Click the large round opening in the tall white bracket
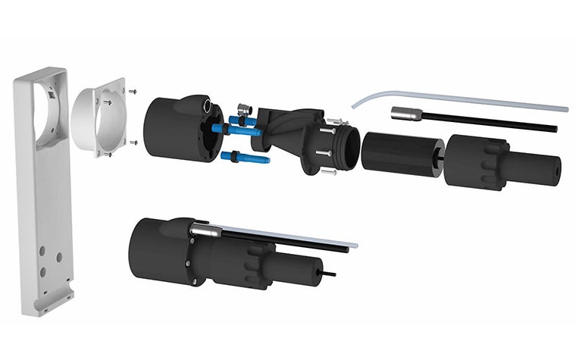point(47,114)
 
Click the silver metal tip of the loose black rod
point(402,114)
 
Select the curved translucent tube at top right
point(455,99)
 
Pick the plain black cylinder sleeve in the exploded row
point(400,154)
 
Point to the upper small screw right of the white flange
point(133,92)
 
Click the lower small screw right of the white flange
point(133,142)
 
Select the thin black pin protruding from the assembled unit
point(330,272)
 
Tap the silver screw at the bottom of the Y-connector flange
point(328,172)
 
